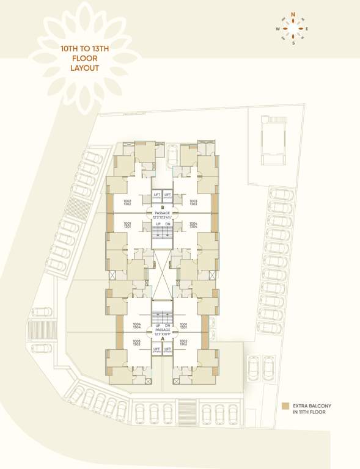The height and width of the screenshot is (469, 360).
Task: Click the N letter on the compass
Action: [x=293, y=13]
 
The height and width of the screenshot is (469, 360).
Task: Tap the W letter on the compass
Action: [x=277, y=29]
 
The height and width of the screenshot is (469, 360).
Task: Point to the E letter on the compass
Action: [x=307, y=29]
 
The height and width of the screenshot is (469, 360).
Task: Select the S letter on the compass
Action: [x=293, y=43]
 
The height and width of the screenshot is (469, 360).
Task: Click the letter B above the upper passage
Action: [x=163, y=208]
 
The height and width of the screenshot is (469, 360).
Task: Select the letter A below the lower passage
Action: [x=163, y=338]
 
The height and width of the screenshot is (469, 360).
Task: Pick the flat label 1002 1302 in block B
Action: [x=127, y=203]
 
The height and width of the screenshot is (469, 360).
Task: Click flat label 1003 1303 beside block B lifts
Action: [x=193, y=203]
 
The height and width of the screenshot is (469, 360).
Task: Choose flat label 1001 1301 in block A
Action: [x=183, y=326]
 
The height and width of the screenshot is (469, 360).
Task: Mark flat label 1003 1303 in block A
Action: [x=137, y=343]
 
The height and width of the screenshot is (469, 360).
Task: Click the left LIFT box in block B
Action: [x=156, y=195]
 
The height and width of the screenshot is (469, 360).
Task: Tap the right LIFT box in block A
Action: [x=167, y=350]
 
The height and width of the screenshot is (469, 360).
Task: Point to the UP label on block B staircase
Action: [x=156, y=224]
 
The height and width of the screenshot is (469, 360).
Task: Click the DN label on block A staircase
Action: [x=167, y=325]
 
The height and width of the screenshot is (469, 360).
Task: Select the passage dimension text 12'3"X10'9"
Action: [x=163, y=333]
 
